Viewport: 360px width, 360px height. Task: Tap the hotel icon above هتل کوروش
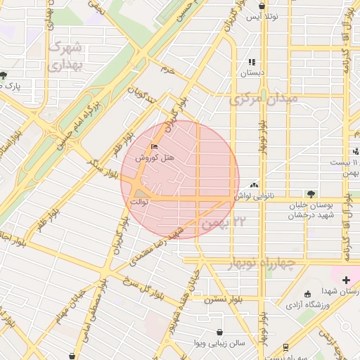[x=154, y=147]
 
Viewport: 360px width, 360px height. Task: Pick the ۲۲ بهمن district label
[x=225, y=223]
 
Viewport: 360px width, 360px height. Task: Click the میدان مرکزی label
[x=264, y=99]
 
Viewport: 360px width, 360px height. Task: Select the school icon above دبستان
[x=252, y=62]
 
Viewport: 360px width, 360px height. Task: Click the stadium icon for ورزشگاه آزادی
[x=307, y=294]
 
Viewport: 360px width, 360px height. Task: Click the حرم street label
[x=167, y=70]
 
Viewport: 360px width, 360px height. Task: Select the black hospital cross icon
[x=345, y=280]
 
